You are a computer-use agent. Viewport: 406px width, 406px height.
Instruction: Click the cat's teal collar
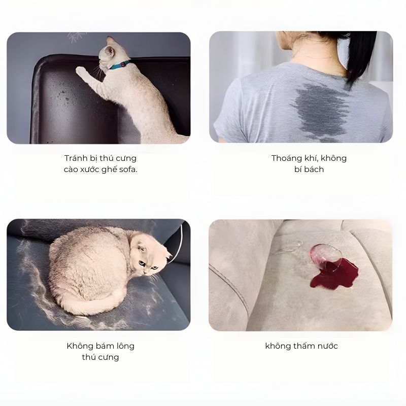pyautogui.click(x=119, y=65)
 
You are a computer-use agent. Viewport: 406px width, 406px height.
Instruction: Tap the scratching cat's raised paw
pyautogui.click(x=81, y=71)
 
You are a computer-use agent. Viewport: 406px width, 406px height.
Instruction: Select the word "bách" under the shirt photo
pyautogui.click(x=315, y=170)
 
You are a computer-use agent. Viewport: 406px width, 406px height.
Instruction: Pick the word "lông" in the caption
pyautogui.click(x=124, y=346)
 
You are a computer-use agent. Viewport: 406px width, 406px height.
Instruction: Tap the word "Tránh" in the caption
pyautogui.click(x=74, y=158)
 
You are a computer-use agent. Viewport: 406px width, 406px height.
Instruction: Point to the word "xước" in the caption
pyautogui.click(x=89, y=170)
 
